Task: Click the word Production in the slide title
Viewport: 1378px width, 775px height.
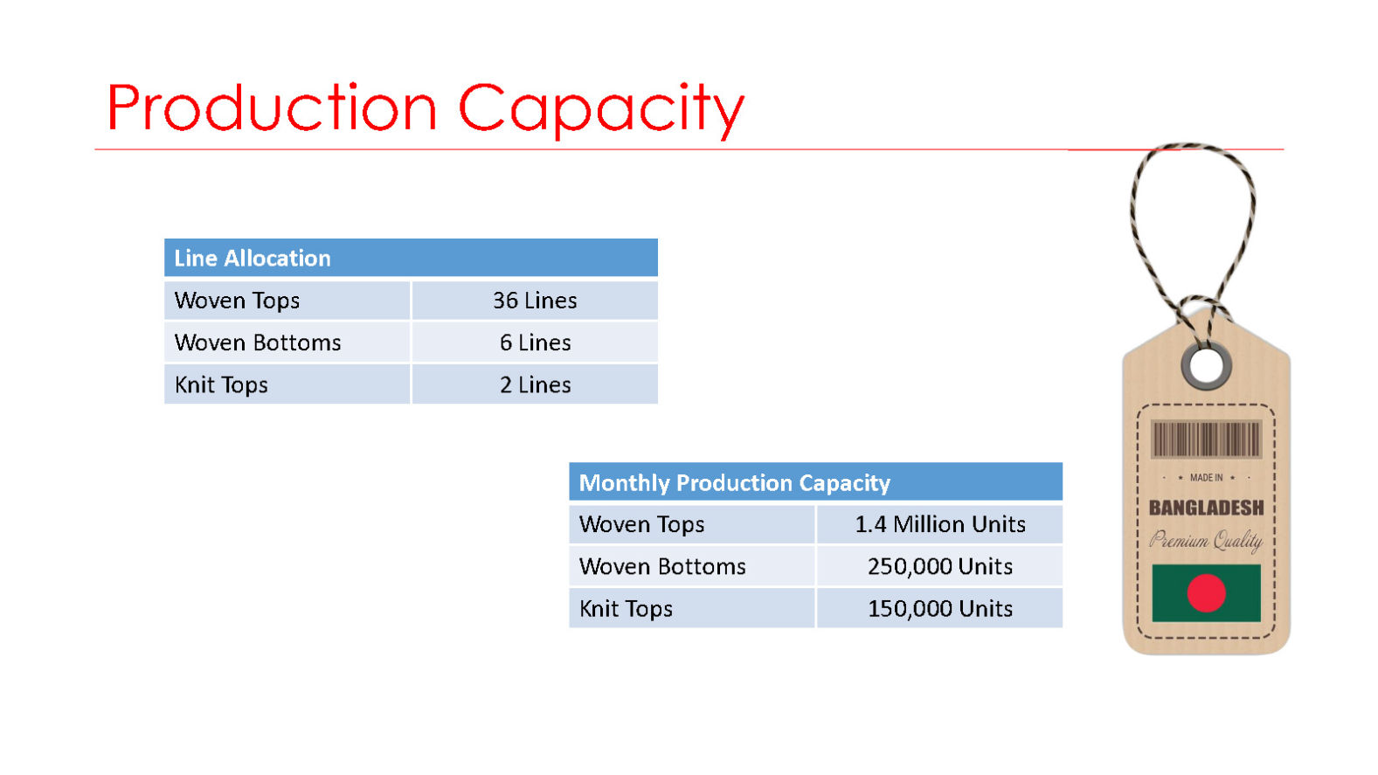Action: (272, 107)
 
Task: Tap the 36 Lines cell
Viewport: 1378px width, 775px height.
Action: (535, 301)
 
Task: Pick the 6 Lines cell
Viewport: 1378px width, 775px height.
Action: (535, 343)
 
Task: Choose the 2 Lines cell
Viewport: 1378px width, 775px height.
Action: (535, 385)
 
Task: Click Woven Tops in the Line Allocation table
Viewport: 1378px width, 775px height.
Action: (237, 301)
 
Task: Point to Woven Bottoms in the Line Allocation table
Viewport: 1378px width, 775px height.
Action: (257, 343)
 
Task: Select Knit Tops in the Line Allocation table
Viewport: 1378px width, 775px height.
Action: (221, 385)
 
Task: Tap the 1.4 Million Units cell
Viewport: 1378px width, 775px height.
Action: (940, 524)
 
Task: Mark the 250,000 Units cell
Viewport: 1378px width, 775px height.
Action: (940, 566)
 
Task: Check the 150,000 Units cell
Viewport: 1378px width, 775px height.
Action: (940, 609)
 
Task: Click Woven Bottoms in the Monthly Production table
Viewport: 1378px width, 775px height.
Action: (662, 566)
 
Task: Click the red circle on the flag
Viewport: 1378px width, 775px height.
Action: (1206, 593)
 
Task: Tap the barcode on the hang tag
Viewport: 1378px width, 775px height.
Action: (1206, 439)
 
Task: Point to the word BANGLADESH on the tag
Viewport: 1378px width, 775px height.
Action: (1206, 508)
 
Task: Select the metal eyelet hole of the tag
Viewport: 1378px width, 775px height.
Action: (1206, 366)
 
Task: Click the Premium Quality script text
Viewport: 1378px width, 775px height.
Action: (1206, 540)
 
